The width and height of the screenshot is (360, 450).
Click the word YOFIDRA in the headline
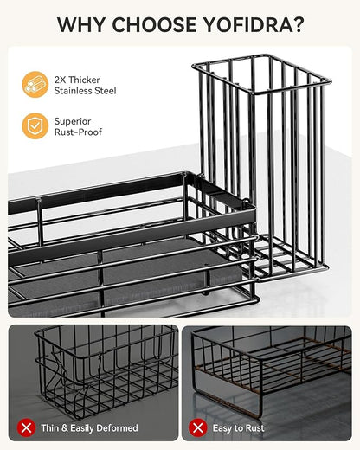click(x=248, y=25)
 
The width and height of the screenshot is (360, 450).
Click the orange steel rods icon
click(x=35, y=84)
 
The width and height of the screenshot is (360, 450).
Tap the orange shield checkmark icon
click(x=35, y=125)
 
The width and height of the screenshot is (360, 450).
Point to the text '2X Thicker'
click(x=77, y=80)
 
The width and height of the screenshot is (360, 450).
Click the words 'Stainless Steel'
click(x=85, y=91)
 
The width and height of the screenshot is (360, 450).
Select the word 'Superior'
click(x=73, y=121)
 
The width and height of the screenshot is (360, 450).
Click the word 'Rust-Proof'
click(x=78, y=132)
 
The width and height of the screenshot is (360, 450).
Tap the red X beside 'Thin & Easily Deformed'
click(x=27, y=427)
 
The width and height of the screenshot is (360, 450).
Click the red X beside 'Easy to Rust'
click(x=198, y=427)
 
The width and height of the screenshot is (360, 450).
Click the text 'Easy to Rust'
click(x=238, y=428)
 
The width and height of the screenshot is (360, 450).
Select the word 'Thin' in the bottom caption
click(x=50, y=427)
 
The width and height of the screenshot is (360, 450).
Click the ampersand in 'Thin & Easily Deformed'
click(x=65, y=427)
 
